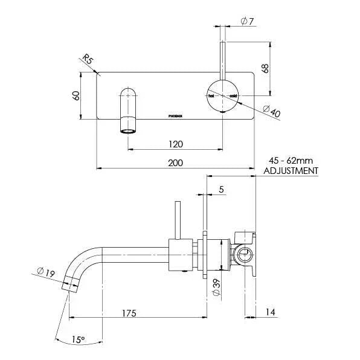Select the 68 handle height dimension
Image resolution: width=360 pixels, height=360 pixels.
click(x=264, y=68)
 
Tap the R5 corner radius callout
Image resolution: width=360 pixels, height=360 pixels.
click(x=88, y=60)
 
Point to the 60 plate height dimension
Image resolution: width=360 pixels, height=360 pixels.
click(x=76, y=96)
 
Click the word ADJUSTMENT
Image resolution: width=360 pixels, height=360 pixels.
click(x=292, y=171)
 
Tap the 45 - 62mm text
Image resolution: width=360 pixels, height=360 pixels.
click(x=292, y=162)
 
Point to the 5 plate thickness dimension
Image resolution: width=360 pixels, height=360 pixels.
click(x=222, y=190)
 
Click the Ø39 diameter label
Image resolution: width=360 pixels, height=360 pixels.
click(x=217, y=286)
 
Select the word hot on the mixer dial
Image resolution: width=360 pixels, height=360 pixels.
click(x=212, y=96)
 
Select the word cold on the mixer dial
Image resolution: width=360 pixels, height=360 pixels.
click(x=233, y=96)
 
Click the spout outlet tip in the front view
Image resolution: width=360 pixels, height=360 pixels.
click(x=129, y=129)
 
